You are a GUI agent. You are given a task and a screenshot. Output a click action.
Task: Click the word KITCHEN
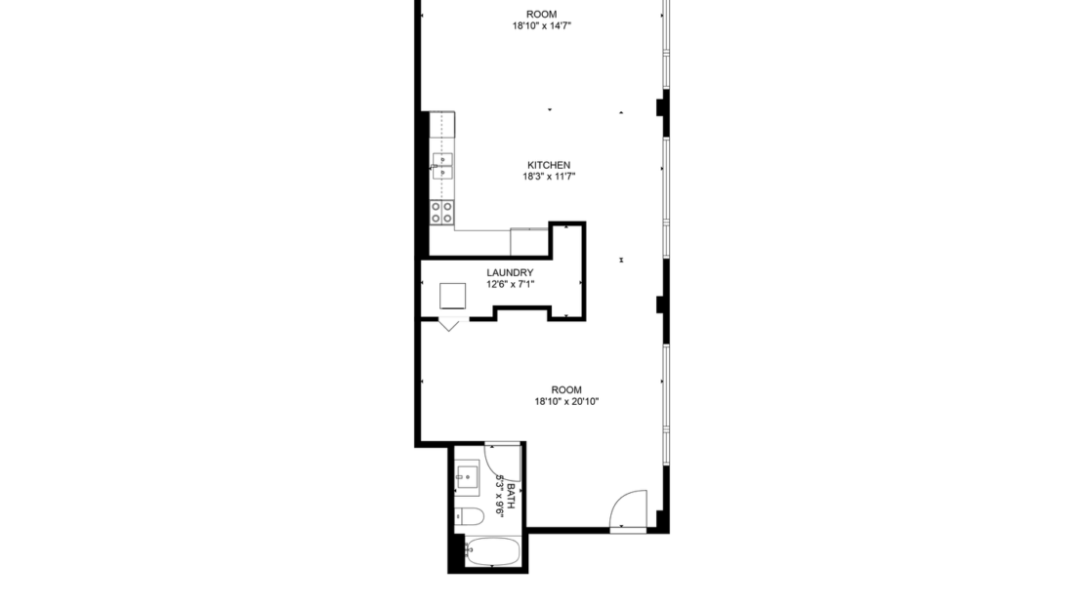coord(548,165)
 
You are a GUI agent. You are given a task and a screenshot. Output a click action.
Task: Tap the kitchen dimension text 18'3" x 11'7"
coord(548,177)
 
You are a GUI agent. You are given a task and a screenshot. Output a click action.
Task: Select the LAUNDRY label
coord(510,272)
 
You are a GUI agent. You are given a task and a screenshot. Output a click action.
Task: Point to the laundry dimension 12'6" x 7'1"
coord(510,284)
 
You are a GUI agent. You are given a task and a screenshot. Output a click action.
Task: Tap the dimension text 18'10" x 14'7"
coord(541,26)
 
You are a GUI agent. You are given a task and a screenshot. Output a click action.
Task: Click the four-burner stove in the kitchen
coord(442,212)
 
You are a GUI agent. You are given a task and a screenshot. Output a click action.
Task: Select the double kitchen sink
coord(442,165)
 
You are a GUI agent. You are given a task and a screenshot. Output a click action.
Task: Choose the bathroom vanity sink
coord(468,478)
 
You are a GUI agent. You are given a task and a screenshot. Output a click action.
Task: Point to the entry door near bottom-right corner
coord(628,508)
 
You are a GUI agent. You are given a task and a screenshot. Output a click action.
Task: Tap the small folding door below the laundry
coord(449,325)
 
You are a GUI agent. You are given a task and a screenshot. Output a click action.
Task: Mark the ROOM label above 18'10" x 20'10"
coord(565,389)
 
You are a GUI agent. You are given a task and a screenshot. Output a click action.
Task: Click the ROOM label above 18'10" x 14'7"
coord(541,14)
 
